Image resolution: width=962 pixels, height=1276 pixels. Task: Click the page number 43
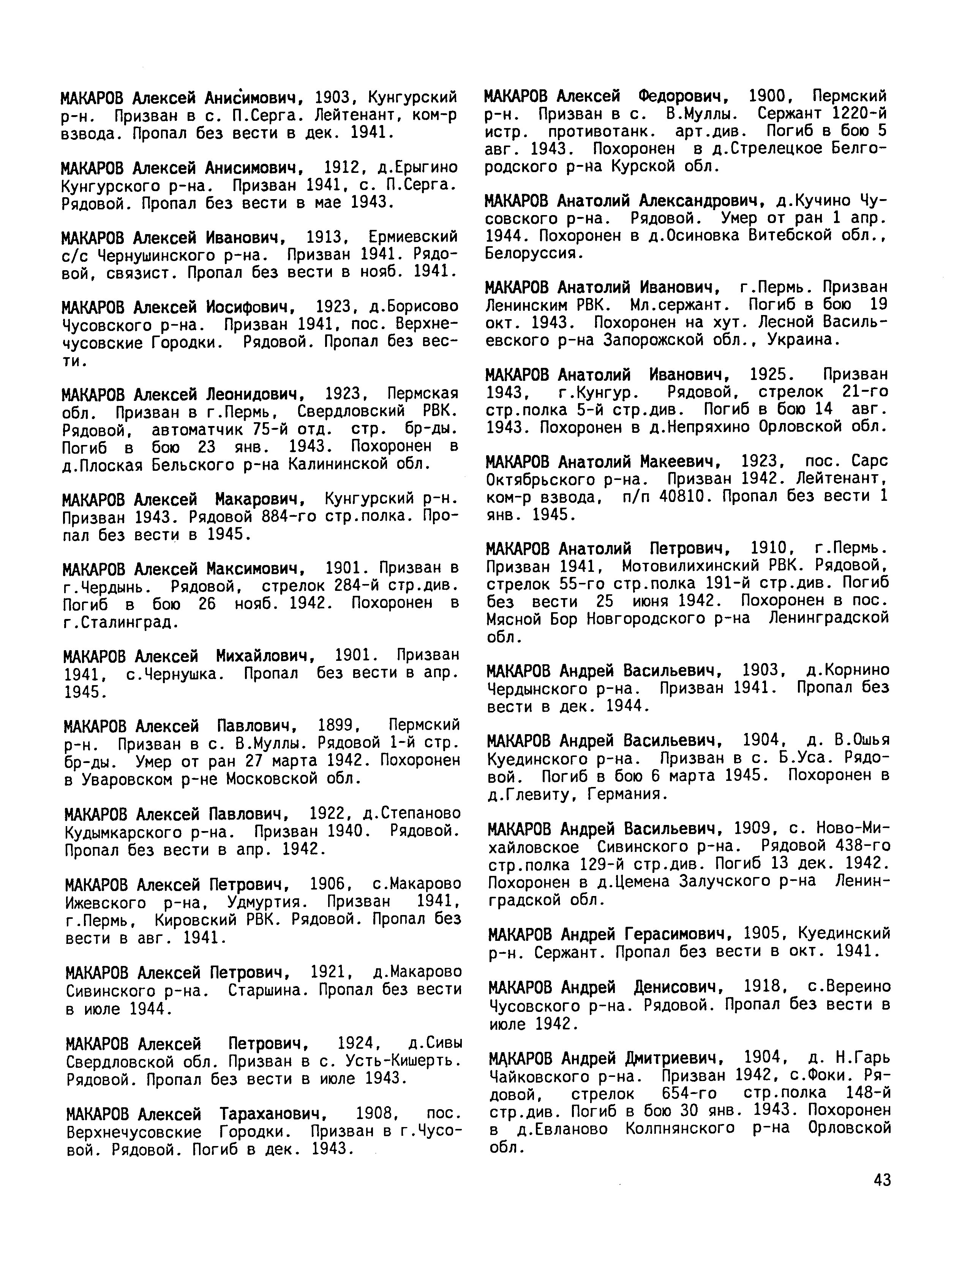pos(882,1180)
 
